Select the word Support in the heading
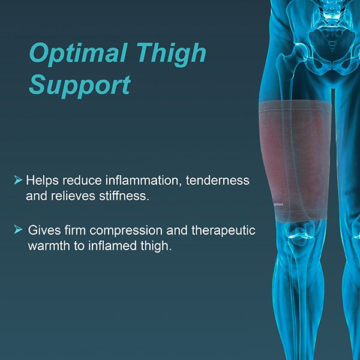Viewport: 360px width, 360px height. click(80, 86)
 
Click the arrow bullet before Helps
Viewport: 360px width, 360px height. click(18, 180)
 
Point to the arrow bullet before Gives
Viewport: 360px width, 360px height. click(18, 230)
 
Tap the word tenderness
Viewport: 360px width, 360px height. click(219, 181)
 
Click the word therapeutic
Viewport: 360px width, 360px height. click(222, 230)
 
